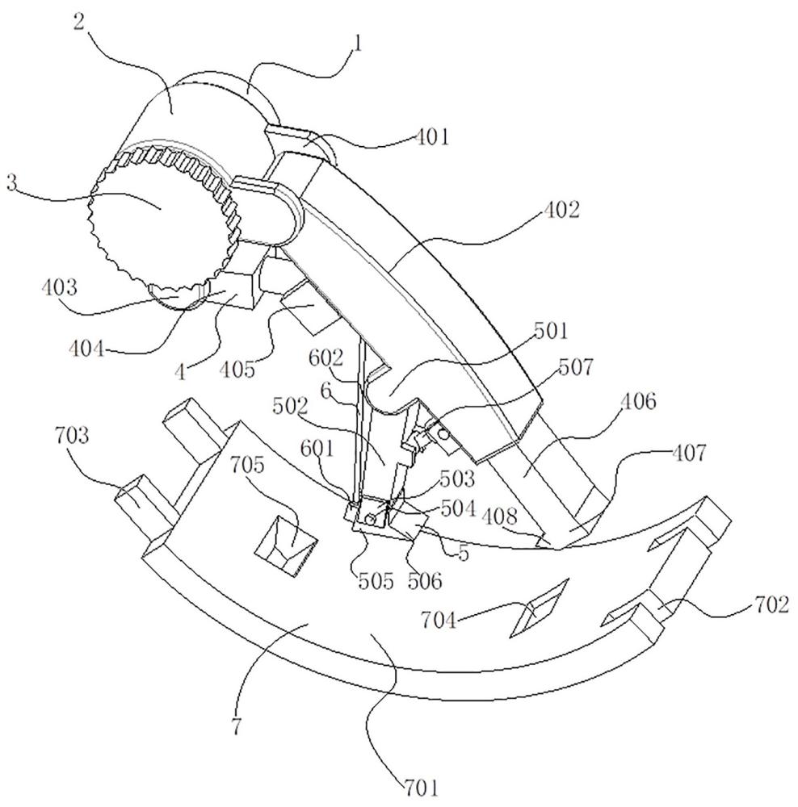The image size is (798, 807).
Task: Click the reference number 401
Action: coord(432,137)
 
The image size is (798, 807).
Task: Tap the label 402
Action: coord(561,210)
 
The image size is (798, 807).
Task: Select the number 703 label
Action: coord(72,436)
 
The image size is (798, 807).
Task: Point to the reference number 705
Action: coord(247,465)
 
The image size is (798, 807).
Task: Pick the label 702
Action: coord(771,604)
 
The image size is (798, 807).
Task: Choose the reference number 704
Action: coord(439,621)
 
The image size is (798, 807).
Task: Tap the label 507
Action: coord(575,367)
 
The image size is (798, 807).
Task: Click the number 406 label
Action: coord(639,401)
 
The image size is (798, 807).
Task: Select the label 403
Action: coord(60,286)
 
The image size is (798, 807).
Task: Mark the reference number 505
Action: coord(376,581)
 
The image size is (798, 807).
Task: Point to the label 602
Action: coord(325,358)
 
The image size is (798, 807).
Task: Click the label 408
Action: coord(499,515)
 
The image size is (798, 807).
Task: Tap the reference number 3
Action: coord(12,182)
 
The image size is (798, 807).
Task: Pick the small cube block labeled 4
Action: coord(237,291)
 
